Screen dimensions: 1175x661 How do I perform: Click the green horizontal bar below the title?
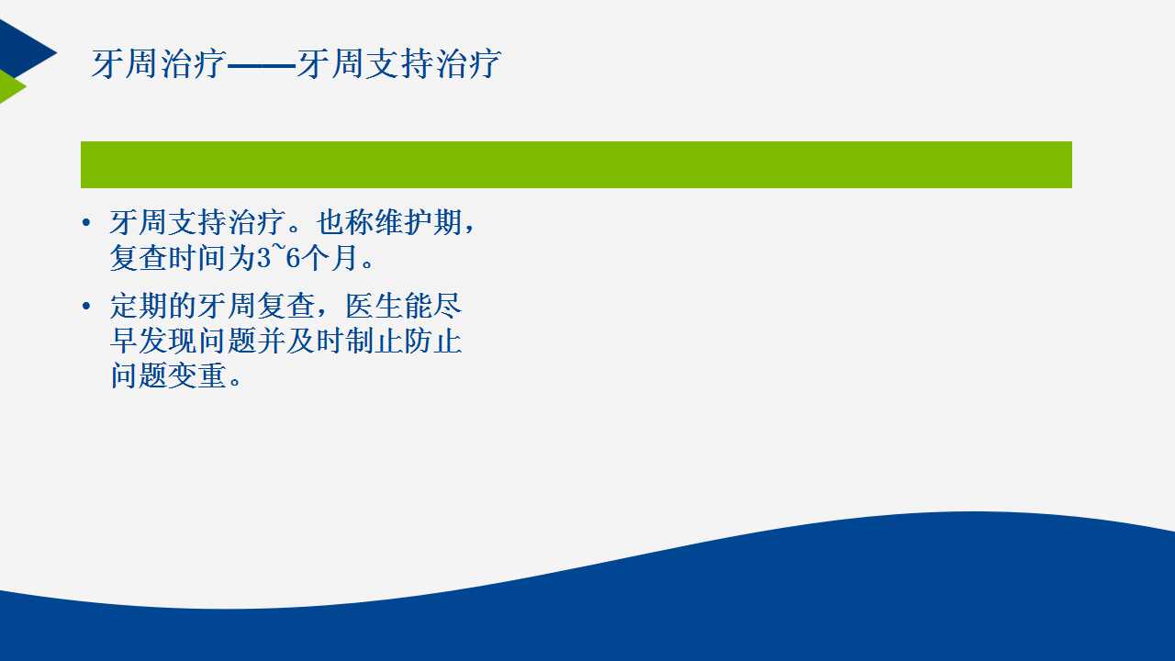[x=576, y=164]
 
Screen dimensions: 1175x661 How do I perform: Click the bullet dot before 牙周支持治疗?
[x=86, y=223]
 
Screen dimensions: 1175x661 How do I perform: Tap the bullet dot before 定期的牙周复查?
[x=86, y=306]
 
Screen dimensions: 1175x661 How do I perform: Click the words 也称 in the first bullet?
[x=344, y=222]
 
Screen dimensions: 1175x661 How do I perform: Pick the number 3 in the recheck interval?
[x=263, y=258]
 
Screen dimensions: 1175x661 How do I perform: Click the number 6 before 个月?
[x=293, y=258]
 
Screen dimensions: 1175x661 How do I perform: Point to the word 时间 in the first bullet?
[x=197, y=258]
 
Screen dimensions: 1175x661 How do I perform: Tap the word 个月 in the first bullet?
[x=330, y=258]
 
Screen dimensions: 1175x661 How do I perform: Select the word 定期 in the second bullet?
[x=139, y=306]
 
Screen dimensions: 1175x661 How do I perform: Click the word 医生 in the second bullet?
[x=374, y=306]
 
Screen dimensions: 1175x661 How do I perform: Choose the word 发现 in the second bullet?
[x=168, y=341]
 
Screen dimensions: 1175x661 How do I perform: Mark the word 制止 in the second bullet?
[x=374, y=341]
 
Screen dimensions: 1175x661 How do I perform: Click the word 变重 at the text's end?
[x=197, y=375]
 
